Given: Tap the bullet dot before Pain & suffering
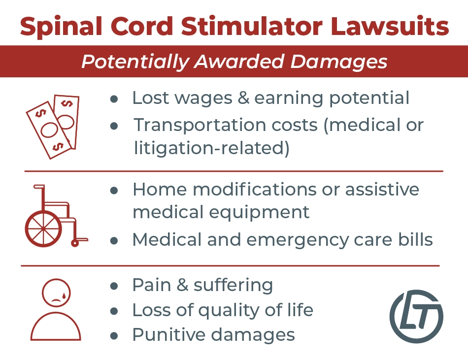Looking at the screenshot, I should pos(114,286).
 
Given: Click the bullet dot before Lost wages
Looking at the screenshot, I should pos(114,99).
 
